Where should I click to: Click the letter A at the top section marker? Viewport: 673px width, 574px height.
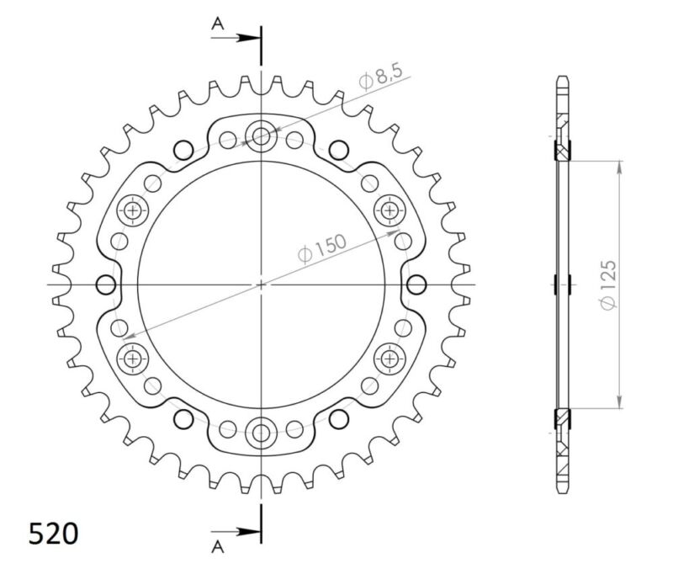click(x=216, y=25)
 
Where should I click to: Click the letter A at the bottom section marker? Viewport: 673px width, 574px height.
click(x=216, y=548)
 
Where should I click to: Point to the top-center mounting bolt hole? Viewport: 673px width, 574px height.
click(x=261, y=134)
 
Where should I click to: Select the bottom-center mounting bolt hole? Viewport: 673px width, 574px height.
click(x=261, y=434)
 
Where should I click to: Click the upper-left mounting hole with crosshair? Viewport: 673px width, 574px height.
click(x=132, y=210)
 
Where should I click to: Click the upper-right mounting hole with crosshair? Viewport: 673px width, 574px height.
click(x=390, y=209)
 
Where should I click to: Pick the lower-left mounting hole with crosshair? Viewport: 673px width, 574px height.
click(x=132, y=359)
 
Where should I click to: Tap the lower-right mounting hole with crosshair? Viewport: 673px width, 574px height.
click(x=390, y=359)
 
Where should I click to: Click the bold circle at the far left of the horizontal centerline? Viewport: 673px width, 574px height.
click(x=105, y=284)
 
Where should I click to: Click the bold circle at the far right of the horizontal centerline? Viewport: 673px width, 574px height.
click(x=416, y=284)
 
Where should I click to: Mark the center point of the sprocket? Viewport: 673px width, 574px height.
click(x=261, y=284)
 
